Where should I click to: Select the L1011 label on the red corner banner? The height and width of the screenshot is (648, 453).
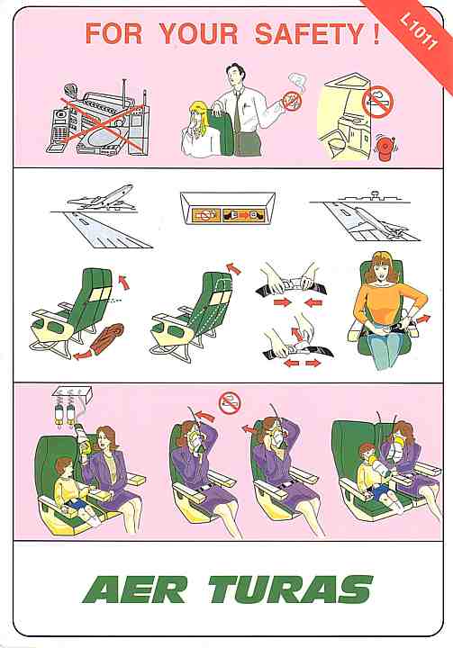coord(418,31)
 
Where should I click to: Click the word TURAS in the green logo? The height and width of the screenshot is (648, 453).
coord(291,589)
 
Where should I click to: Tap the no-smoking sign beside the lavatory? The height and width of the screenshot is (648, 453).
coord(377,102)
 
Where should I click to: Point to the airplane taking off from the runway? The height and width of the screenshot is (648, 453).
coord(102,197)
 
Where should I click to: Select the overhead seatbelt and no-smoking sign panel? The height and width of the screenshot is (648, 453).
coord(228,208)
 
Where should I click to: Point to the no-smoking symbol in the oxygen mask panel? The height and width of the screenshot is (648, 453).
coord(230,402)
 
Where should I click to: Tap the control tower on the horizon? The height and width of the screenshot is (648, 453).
coord(375,194)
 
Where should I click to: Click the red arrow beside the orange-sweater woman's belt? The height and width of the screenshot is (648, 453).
coord(422,319)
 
